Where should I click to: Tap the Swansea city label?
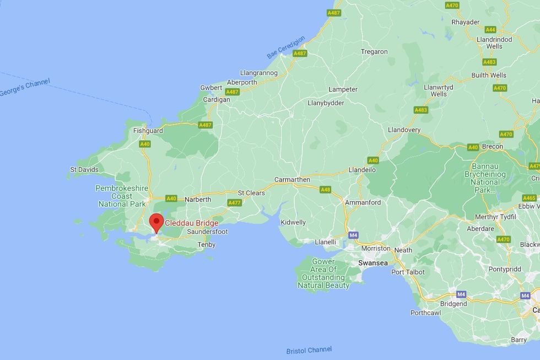[x=373, y=264]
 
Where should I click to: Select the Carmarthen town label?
[x=292, y=180]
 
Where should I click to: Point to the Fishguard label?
[x=148, y=131]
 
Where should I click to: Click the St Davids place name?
[x=84, y=169]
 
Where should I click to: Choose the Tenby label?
[x=207, y=244]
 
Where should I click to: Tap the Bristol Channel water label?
[x=309, y=350]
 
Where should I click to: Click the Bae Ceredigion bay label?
[x=286, y=48]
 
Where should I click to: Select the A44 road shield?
[x=490, y=30]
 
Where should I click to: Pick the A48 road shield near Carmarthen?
[x=326, y=189]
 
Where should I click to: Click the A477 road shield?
[x=235, y=203]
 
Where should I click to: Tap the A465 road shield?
[x=530, y=198]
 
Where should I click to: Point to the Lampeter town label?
[x=343, y=89]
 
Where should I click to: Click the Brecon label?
[x=492, y=147]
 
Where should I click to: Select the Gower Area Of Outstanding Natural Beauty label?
[x=323, y=273]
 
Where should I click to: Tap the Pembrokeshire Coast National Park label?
[x=122, y=196]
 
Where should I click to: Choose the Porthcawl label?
[x=426, y=313]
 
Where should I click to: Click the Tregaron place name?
[x=374, y=52]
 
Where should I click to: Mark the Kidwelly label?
[x=293, y=222]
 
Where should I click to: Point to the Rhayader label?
[x=466, y=22]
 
